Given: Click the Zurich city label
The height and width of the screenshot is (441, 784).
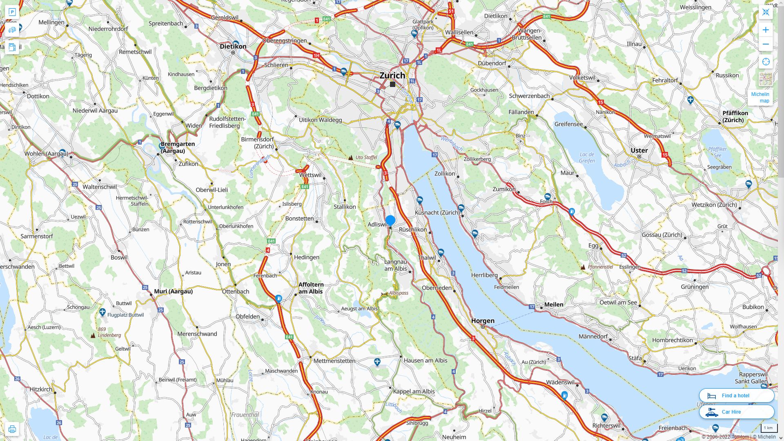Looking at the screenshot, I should tap(392, 75).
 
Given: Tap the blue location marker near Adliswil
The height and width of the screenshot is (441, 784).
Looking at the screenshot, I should tap(390, 220).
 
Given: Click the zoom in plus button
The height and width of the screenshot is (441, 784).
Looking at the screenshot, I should tap(766, 30).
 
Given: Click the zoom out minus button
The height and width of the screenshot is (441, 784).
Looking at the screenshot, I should tap(766, 44).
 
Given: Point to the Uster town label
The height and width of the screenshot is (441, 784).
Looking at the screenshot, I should tap(639, 150).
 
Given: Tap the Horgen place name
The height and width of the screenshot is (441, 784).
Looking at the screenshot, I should tap(483, 321).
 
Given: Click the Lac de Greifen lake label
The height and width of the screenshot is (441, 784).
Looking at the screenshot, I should tap(587, 157).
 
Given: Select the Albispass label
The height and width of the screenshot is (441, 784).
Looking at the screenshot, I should tap(398, 293).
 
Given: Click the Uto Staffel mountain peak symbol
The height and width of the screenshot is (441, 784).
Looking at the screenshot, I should tap(350, 157).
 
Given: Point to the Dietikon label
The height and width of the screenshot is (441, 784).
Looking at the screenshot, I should tap(233, 46).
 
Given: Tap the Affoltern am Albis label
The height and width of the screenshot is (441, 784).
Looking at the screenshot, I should tap(311, 288).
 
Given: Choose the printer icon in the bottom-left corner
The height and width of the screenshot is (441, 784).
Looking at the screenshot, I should tap(12, 429).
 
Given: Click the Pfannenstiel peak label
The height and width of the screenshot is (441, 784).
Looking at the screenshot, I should tap(600, 267).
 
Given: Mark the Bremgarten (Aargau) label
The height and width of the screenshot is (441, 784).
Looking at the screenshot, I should tap(177, 147).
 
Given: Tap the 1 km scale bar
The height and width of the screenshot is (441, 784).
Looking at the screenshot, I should tap(768, 428).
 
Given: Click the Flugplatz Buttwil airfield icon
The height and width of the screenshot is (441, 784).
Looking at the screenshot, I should tap(102, 312).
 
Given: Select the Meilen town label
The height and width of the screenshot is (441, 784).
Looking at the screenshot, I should tap(553, 304).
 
